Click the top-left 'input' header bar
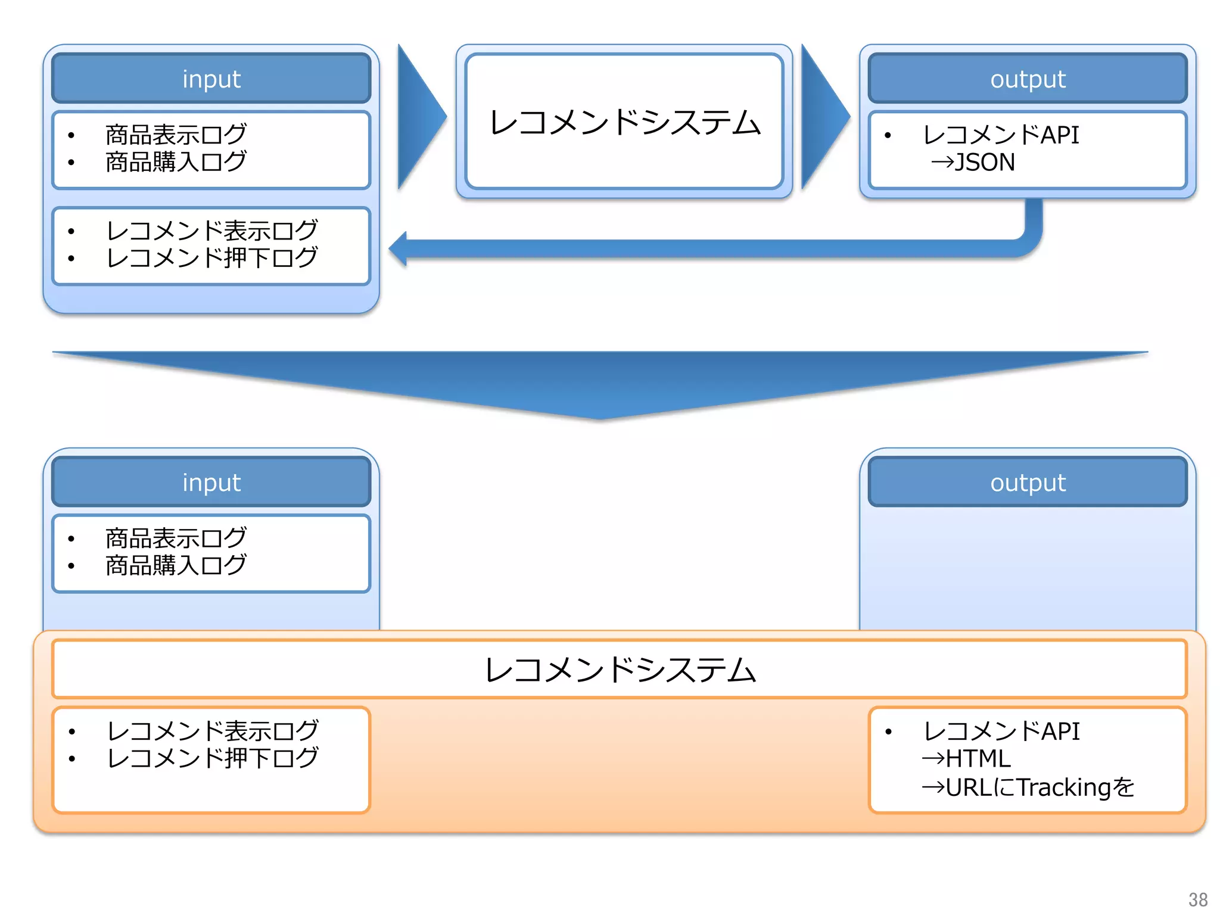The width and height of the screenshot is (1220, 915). (x=211, y=79)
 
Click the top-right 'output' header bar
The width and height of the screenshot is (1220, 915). (x=1028, y=79)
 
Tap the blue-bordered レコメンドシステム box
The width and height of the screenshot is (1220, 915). (x=624, y=122)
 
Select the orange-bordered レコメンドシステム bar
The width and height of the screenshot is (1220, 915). (x=620, y=669)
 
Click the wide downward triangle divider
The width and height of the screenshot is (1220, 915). (x=600, y=381)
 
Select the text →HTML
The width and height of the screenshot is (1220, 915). (x=966, y=758)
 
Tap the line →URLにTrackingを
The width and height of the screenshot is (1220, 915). (x=1028, y=787)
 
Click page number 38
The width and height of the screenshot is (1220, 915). (x=1197, y=899)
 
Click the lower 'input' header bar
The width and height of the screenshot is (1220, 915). (x=211, y=482)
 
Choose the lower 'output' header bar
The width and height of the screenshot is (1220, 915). (x=1028, y=482)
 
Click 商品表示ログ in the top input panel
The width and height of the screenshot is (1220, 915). (x=176, y=135)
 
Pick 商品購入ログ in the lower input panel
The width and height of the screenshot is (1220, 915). (x=176, y=565)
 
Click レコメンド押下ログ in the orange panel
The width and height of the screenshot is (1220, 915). (x=212, y=758)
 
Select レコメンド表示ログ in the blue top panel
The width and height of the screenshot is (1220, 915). (x=212, y=231)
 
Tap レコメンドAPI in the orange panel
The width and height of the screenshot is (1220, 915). (x=1001, y=731)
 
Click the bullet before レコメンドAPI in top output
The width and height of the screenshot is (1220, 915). (x=888, y=136)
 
